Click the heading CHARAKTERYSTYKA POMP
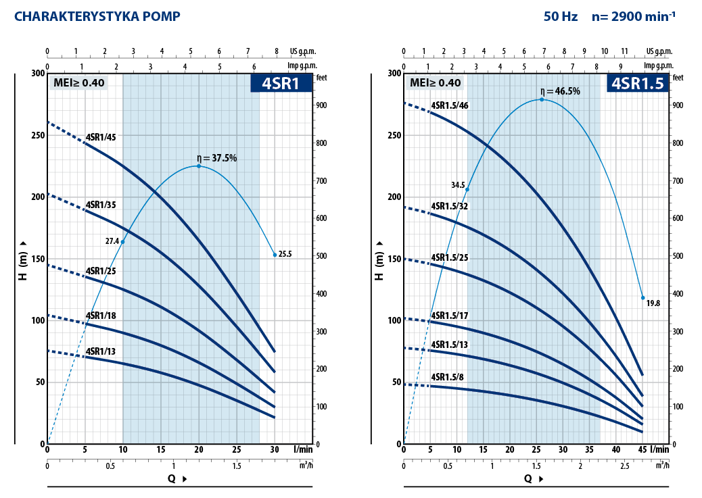[x=97, y=16]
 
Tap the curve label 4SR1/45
[x=101, y=137]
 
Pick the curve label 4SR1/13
[x=101, y=351]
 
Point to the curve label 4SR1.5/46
[x=450, y=105]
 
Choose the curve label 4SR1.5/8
[x=447, y=376]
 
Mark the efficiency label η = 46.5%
[x=560, y=91]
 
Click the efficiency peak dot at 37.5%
[x=199, y=166]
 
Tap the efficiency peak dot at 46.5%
[x=542, y=99]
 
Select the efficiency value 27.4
[x=111, y=241]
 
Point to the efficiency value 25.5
[x=285, y=254]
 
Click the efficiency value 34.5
[x=458, y=184]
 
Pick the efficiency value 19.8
[x=653, y=303]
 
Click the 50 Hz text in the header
[x=561, y=16]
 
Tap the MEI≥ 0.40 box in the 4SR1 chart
[x=76, y=83]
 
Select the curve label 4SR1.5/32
[x=450, y=206]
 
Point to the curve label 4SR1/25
[x=101, y=271]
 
